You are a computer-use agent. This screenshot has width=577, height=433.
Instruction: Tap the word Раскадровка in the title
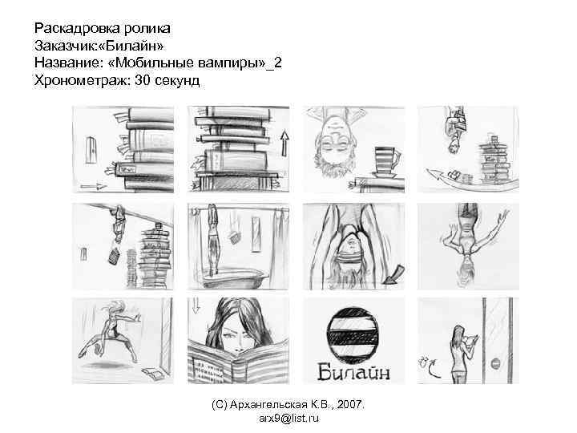(70, 30)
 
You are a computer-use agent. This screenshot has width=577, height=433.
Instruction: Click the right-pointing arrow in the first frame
(94, 185)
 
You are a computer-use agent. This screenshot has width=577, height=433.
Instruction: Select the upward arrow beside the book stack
(284, 147)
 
